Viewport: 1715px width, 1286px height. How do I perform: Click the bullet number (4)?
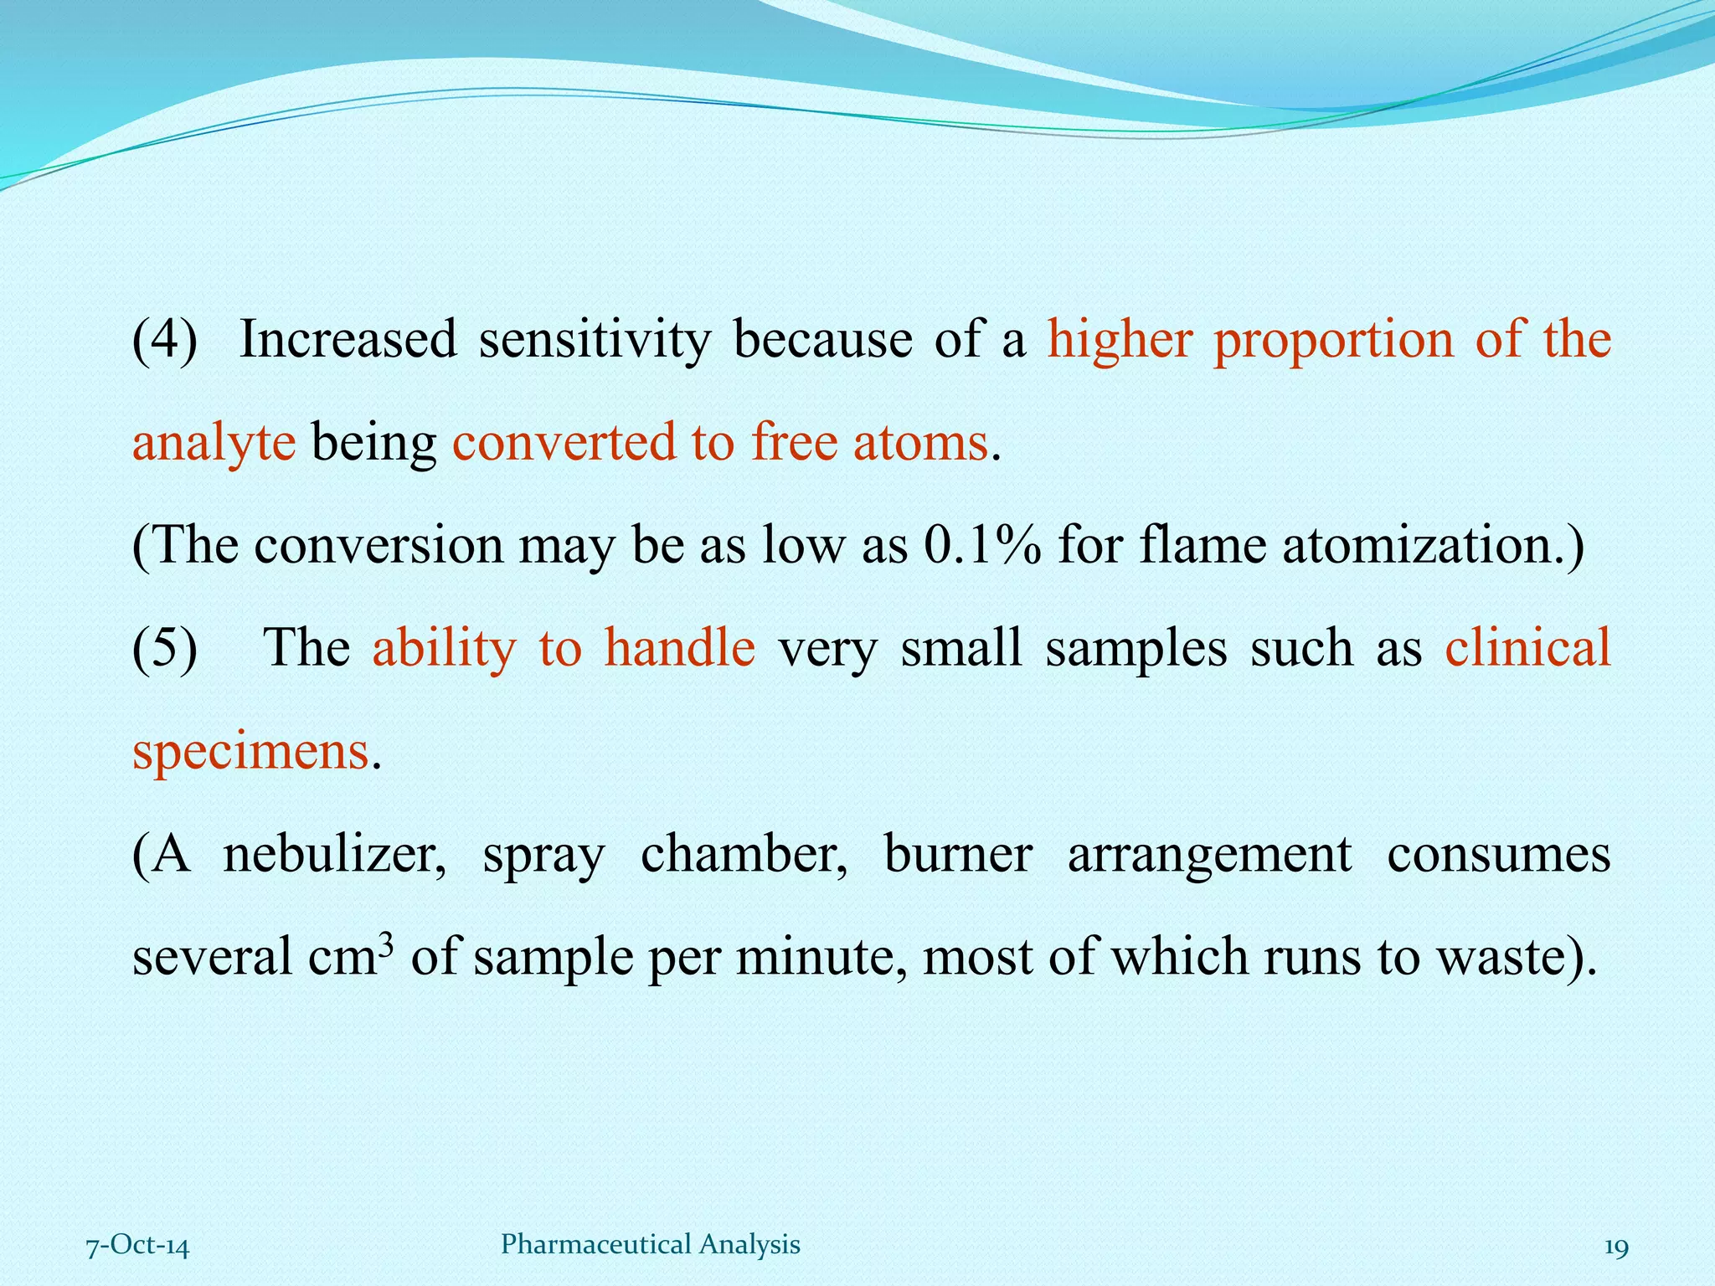pos(165,339)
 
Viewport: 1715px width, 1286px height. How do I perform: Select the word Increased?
pos(348,339)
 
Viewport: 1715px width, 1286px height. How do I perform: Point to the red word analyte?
pos(214,443)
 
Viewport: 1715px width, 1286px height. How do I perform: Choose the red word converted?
pos(564,441)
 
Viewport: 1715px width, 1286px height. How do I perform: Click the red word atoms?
pos(920,441)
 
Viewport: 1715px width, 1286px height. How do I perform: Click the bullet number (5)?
pos(165,648)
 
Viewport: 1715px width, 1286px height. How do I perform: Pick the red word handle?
pos(679,648)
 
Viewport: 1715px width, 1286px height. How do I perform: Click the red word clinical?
pos(1527,648)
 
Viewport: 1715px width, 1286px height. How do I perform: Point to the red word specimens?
pos(250,752)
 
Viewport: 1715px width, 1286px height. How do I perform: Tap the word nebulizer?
pos(333,855)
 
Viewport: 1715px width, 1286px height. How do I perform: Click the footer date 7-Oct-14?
pos(138,1246)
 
